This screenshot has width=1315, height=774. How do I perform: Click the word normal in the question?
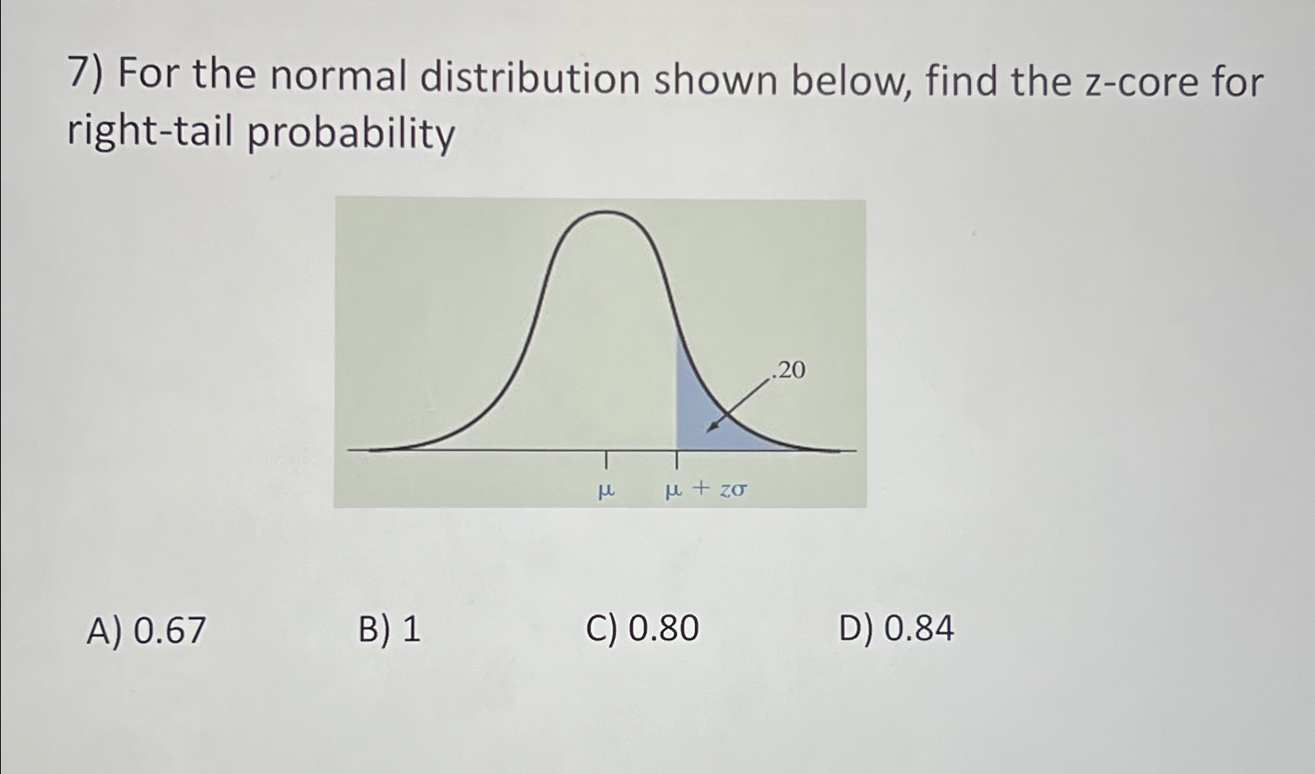tap(338, 78)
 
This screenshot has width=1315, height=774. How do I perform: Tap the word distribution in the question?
tap(530, 79)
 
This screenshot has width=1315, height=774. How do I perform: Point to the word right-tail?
tap(152, 132)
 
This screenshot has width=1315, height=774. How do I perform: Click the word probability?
tap(350, 134)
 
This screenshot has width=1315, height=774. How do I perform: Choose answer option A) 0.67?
tap(146, 630)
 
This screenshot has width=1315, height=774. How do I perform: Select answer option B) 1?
tap(389, 630)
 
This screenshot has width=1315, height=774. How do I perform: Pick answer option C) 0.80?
tap(642, 628)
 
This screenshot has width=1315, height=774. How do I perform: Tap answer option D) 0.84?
tap(896, 627)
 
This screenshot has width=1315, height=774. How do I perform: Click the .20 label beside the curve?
tap(788, 371)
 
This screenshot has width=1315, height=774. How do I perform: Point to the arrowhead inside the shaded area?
tap(710, 428)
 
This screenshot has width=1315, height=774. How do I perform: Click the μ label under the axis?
tap(607, 488)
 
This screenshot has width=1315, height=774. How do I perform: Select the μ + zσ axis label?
tap(706, 488)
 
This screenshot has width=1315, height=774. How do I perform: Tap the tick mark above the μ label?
tap(606, 460)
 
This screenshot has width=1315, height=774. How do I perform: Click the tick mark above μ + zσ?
tap(677, 460)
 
